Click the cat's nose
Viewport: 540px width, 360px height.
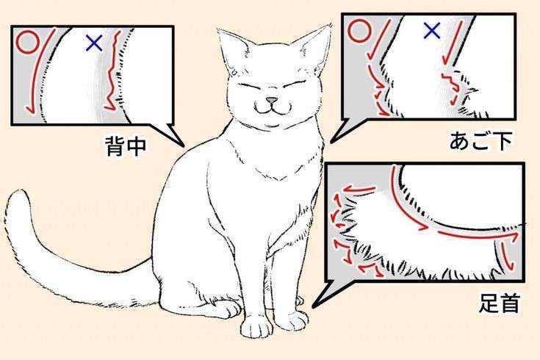point(272,100)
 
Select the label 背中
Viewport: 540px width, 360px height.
point(126,146)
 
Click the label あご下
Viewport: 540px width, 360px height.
point(480,140)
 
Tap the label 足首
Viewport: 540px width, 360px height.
point(500,303)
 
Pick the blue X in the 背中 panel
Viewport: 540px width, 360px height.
point(94,43)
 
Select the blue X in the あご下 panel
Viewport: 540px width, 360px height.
point(431,31)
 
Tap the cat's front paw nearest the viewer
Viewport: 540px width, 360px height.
point(257,325)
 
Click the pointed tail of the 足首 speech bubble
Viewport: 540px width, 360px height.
point(314,306)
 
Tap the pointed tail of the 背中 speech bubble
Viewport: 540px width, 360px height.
point(184,145)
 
